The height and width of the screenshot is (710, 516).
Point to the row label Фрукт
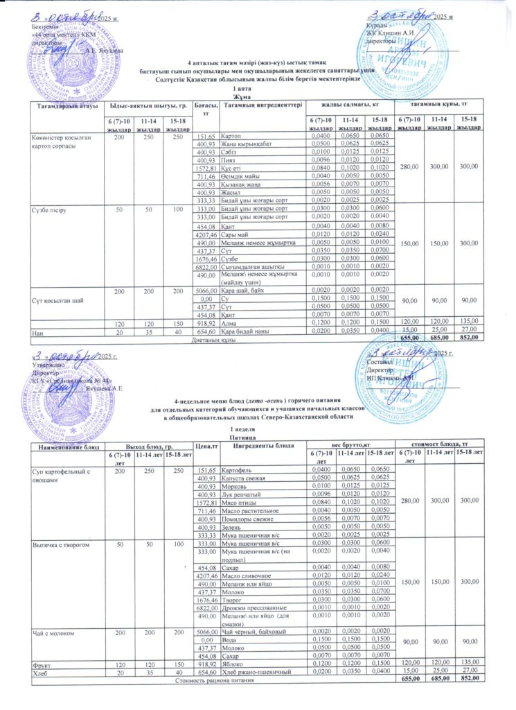(43, 661)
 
